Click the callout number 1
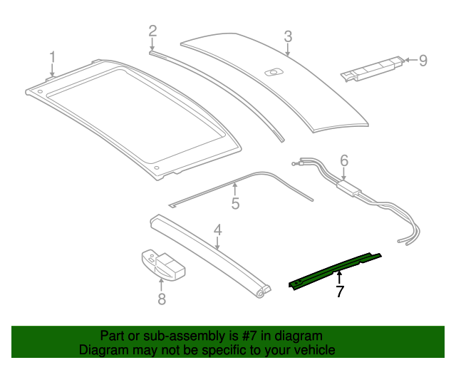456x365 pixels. pos(52,57)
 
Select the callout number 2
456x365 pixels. pos(152,30)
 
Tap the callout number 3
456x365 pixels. pos(288,36)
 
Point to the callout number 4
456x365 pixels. pos(218,230)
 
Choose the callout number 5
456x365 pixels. pos(235,204)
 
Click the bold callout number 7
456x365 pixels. pos(340,291)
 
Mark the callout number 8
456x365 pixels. pos(162,299)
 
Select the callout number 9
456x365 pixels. pos(423,61)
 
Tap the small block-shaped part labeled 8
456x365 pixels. pos(162,264)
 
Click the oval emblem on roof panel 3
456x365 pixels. pos(273,71)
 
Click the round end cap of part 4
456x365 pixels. pos(264,292)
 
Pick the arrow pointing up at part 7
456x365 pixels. pos(340,278)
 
